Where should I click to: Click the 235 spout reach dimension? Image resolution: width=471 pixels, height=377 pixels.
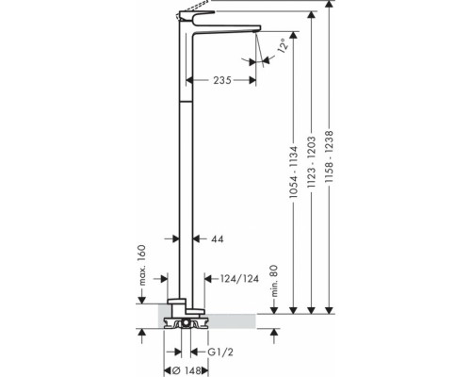pos(222,80)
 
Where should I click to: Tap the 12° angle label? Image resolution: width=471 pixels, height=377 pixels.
pos(283,46)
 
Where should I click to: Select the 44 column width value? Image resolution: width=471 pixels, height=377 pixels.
pos(218,239)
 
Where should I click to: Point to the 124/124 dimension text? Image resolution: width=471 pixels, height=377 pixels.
pos(240,279)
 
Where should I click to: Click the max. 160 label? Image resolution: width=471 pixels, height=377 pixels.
pos(142,265)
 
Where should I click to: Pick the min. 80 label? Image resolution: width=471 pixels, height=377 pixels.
pos(274,281)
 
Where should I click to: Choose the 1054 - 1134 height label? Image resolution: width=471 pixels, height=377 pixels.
pos(293,172)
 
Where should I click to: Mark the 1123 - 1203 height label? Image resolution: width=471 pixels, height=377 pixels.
pos(311,162)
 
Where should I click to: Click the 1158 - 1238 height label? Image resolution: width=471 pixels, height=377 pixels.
pos(329,156)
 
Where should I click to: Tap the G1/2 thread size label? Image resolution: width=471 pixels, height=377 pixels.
pos(220,352)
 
